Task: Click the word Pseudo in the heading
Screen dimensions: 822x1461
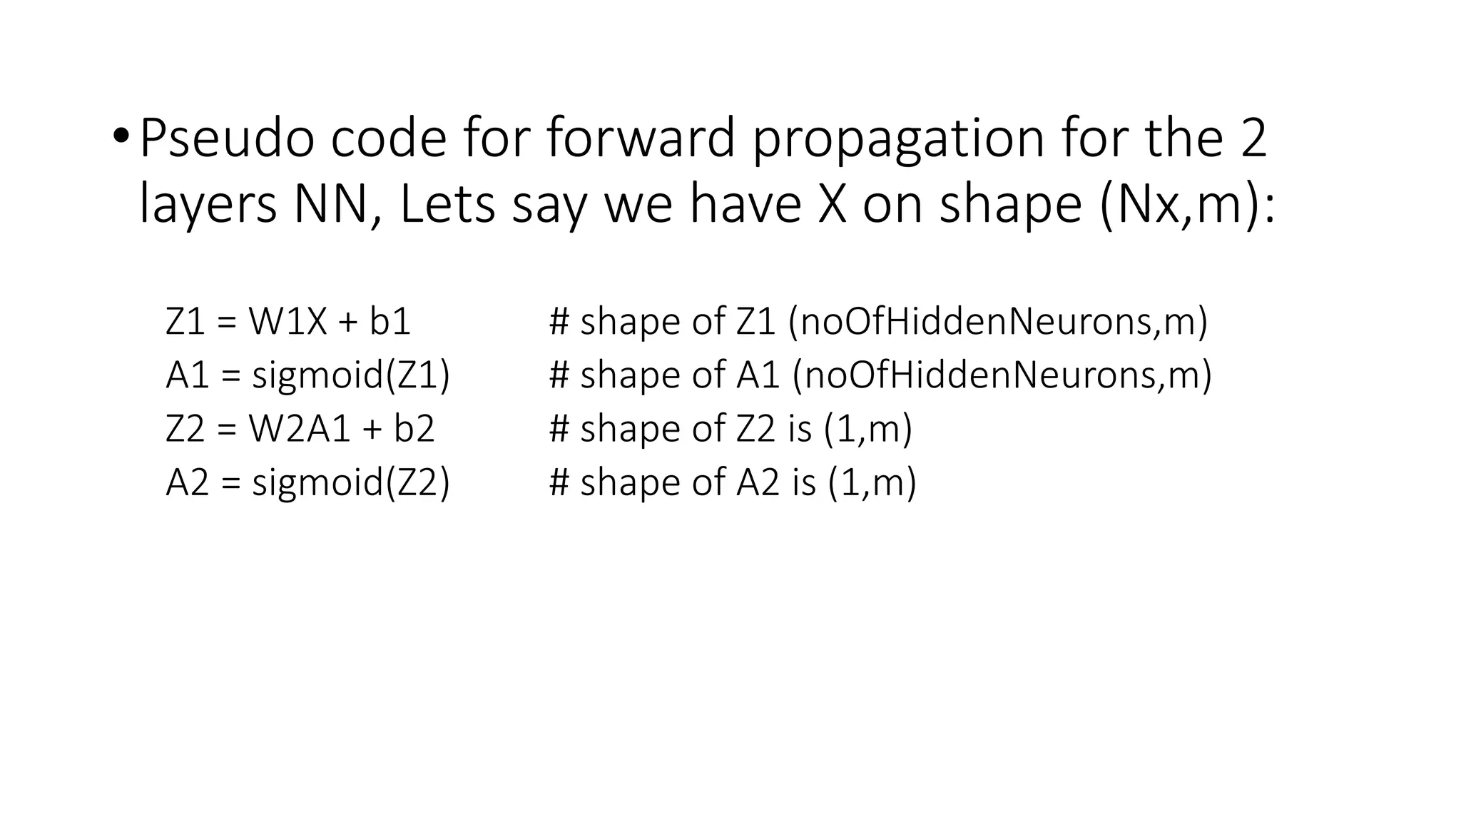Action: (226, 138)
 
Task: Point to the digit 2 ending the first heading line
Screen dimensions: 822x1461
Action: (1253, 138)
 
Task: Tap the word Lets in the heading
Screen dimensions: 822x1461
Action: (447, 204)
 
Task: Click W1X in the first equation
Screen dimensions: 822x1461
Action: (287, 322)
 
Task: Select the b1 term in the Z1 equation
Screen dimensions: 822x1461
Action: (390, 322)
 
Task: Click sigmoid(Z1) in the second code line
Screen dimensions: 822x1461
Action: (351, 376)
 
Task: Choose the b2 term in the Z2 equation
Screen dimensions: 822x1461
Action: (414, 429)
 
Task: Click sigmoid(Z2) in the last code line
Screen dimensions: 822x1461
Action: (351, 483)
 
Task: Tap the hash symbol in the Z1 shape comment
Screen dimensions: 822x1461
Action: (559, 322)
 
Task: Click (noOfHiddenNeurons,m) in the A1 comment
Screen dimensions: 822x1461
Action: (1002, 375)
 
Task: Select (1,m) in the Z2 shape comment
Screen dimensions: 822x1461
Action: (867, 430)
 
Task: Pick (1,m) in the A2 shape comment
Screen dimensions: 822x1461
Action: (872, 483)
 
